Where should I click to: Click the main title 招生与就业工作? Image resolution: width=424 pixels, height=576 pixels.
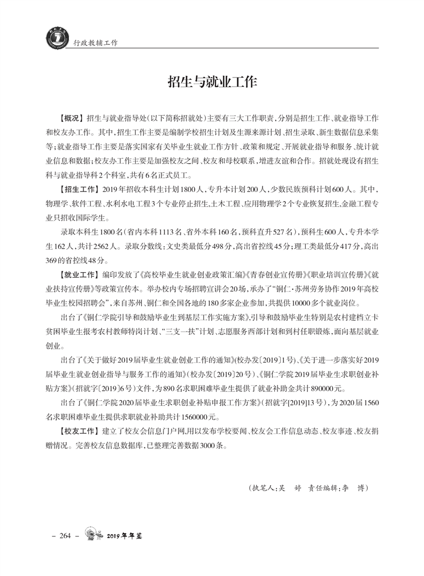[x=212, y=81]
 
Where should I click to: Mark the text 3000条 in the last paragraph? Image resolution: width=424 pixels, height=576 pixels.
[x=214, y=444]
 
